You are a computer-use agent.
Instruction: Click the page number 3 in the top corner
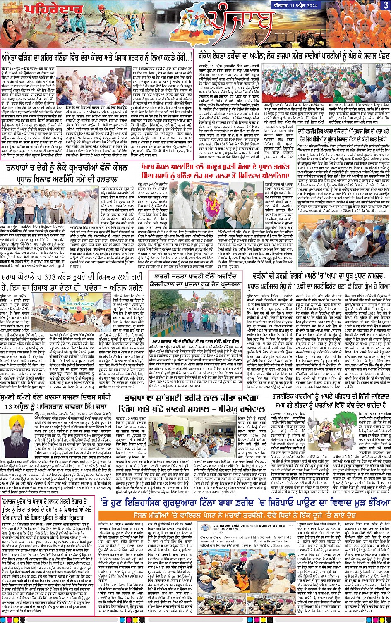point(385,5)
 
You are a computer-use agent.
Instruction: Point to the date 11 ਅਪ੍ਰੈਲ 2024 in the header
point(360,5)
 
